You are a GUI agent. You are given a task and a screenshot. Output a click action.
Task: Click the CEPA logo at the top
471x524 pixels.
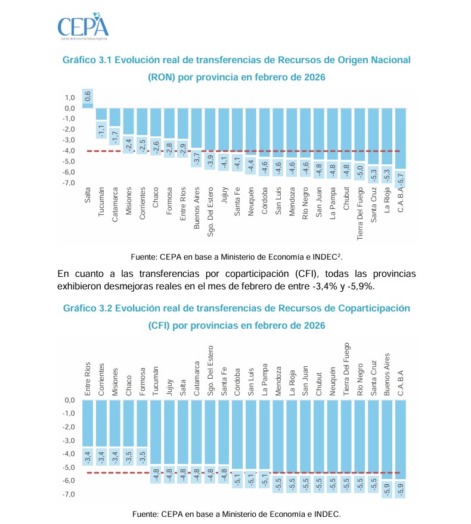[83, 26]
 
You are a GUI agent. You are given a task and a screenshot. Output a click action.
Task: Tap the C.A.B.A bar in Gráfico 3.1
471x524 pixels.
[401, 138]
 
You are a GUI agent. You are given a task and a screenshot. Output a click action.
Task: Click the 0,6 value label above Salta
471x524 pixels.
[88, 95]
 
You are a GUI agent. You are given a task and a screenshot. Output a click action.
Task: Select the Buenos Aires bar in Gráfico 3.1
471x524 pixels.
[197, 128]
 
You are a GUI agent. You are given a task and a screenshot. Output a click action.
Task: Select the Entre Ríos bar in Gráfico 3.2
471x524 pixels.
[88, 423]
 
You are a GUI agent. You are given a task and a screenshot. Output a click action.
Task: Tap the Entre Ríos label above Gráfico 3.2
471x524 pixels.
[88, 379]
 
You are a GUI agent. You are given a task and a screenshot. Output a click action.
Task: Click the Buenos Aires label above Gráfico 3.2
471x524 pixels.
[387, 374]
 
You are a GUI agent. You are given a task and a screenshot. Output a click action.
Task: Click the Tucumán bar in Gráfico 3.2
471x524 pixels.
[156, 432]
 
